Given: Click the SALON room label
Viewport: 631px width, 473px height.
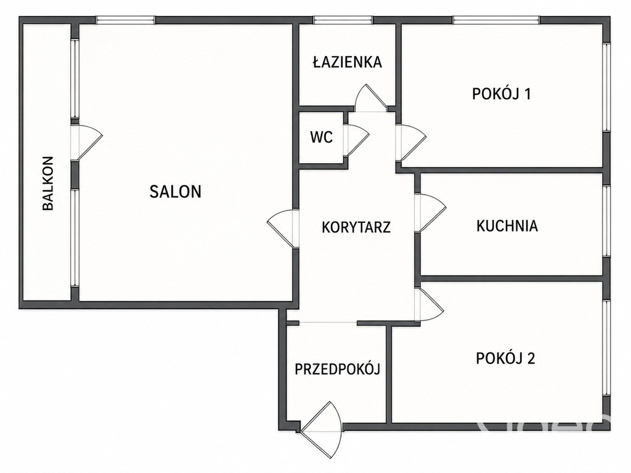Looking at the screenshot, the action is (176, 192).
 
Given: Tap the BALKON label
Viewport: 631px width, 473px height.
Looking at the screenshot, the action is (48, 184).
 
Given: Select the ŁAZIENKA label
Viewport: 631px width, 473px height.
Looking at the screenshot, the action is (348, 62).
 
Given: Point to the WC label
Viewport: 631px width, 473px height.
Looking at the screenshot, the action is (322, 137).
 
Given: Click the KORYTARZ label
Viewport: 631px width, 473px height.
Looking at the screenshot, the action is (356, 227).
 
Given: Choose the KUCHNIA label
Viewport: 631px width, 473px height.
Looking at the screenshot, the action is (507, 225).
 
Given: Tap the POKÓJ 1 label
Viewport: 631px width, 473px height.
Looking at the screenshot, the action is (502, 94).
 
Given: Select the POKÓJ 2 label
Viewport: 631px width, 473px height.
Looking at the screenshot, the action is (505, 358).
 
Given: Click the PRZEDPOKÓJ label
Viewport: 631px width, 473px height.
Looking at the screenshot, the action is (337, 369).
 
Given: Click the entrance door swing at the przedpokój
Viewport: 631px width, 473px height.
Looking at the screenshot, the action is (322, 429).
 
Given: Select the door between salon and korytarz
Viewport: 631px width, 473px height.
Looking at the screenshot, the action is (282, 228).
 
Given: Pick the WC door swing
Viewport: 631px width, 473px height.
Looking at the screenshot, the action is (357, 139).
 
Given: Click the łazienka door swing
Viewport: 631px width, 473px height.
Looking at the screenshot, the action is (370, 98).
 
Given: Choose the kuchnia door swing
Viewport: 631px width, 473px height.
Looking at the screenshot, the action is (431, 212).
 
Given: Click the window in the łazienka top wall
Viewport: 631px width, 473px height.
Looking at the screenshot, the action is (343, 20).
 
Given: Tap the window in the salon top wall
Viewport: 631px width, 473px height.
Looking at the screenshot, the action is (125, 20).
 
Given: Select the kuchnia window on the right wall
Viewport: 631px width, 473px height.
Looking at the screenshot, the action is (607, 220).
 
